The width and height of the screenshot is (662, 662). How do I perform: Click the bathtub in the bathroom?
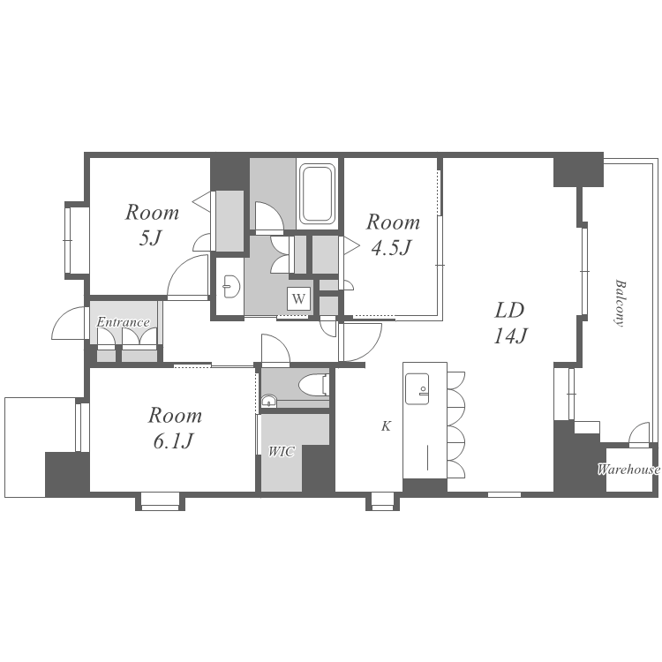pos(317,194)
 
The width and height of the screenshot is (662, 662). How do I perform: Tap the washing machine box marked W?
pos(298,299)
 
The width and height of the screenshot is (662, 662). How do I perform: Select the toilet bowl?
pos(313,385)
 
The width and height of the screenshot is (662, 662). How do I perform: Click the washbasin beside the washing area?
pos(231,286)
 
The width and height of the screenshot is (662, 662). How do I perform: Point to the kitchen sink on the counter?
pos(417,389)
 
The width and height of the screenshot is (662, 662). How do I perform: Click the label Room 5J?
pos(152,225)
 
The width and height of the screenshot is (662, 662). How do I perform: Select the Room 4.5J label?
pos(393,235)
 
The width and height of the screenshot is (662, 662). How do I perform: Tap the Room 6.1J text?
pos(175,428)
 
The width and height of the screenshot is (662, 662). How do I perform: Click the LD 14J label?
pos(510,323)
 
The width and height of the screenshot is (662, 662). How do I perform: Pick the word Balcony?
pos(620,303)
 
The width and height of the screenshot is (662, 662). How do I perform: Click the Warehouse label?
pos(628,469)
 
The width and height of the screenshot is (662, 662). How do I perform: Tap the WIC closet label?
pos(282,452)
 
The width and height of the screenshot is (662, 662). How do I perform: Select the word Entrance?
pos(123,322)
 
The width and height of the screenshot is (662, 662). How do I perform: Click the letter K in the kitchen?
pos(386,426)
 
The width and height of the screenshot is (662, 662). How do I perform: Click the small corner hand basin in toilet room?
pos(268,401)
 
